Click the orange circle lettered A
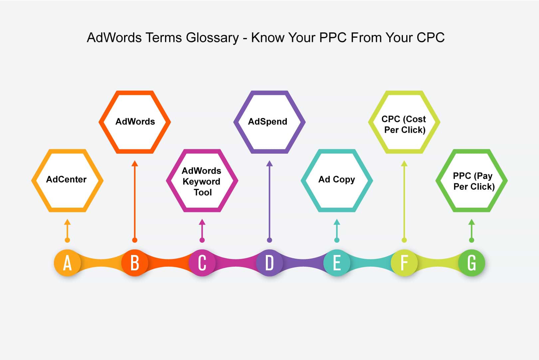(x=67, y=263)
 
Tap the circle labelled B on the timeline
(x=135, y=263)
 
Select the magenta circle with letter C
(x=202, y=263)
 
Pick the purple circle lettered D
(x=269, y=263)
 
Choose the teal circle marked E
(x=337, y=263)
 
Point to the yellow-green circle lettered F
(x=404, y=263)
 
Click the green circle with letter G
(x=472, y=263)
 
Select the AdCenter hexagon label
(x=66, y=179)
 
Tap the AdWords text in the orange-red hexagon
(x=135, y=122)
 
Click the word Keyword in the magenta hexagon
(x=201, y=182)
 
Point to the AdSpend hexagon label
(x=268, y=122)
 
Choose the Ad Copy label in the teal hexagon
(x=337, y=180)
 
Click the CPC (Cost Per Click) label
(x=404, y=124)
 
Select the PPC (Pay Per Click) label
(x=473, y=181)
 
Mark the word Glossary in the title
(x=212, y=38)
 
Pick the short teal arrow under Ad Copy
(x=337, y=231)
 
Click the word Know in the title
(x=268, y=37)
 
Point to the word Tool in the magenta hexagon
(x=203, y=192)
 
